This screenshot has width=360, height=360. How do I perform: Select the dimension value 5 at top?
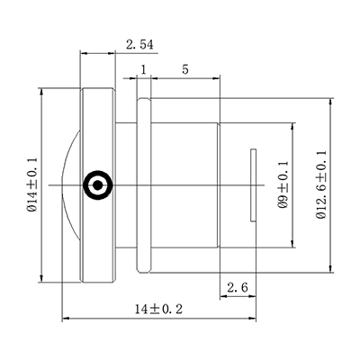click(x=184, y=69)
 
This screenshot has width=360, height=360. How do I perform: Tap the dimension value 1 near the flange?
click(x=143, y=69)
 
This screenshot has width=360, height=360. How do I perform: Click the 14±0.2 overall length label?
click(x=158, y=309)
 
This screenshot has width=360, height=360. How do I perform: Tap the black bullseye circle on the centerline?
click(x=96, y=185)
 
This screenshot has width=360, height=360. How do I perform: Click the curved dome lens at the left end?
click(x=70, y=185)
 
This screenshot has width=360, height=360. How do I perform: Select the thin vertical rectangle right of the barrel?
click(x=253, y=185)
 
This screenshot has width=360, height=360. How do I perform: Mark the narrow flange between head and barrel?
click(x=142, y=185)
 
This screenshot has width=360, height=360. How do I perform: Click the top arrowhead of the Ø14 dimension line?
click(x=42, y=91)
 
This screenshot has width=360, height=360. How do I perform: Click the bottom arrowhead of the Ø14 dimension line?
click(x=42, y=281)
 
